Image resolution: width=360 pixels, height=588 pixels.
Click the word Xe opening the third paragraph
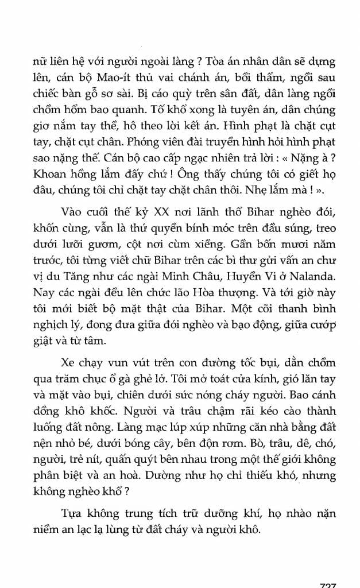click(68, 365)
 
